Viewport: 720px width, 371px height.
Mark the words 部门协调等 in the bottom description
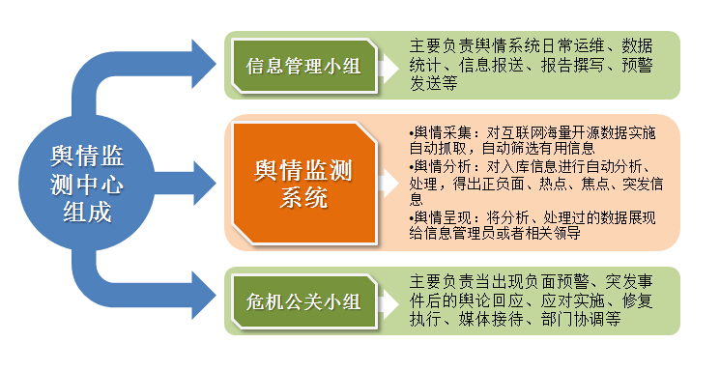click(x=595, y=320)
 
